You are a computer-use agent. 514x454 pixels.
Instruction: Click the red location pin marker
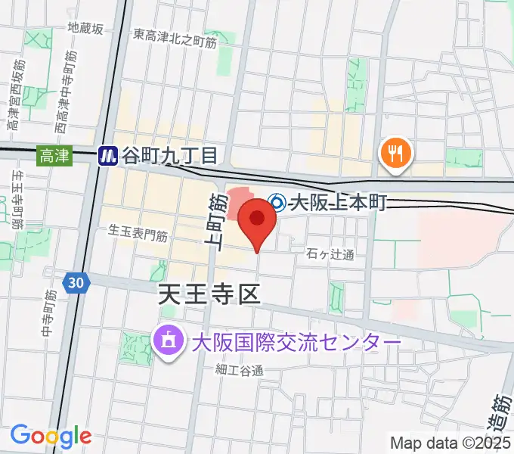[257, 220]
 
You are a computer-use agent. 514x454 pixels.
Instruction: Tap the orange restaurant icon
[394, 154]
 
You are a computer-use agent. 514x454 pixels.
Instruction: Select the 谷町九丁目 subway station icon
[108, 156]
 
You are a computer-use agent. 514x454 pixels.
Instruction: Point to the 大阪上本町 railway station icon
[277, 203]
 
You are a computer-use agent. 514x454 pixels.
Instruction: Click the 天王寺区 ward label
[209, 294]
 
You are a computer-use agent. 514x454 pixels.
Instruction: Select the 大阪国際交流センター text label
[294, 342]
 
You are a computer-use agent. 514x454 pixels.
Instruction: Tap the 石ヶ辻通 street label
[331, 255]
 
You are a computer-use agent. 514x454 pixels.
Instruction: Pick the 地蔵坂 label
[85, 28]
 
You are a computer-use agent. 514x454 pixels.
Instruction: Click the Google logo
[51, 436]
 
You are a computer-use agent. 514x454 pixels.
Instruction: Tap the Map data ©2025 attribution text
[451, 443]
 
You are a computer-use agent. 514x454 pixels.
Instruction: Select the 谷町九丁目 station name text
[171, 156]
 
